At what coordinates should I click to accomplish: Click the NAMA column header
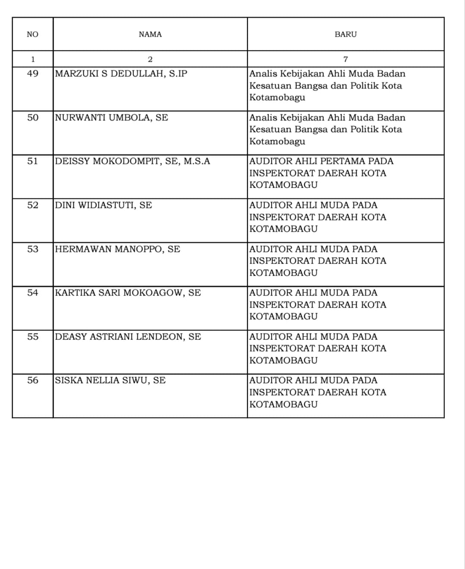click(150, 35)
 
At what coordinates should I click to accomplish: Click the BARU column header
click(346, 35)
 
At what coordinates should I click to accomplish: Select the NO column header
click(32, 35)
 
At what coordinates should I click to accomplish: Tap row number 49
click(33, 74)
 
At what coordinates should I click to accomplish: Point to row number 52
click(33, 205)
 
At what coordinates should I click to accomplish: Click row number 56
click(33, 380)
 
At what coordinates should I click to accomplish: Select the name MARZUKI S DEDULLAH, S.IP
click(121, 74)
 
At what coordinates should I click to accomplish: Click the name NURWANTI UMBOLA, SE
click(112, 118)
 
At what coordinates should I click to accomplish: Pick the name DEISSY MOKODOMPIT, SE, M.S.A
click(132, 161)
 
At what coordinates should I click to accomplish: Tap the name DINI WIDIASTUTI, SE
click(104, 205)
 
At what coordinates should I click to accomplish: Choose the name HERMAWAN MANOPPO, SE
click(118, 249)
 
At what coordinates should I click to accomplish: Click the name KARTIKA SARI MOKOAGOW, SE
click(128, 293)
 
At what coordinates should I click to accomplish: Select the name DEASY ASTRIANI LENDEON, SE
click(128, 337)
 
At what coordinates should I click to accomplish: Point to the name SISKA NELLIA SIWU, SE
click(110, 380)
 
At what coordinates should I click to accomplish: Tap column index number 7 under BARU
click(346, 60)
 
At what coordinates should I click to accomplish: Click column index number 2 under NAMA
click(150, 60)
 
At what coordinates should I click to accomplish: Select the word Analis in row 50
click(263, 118)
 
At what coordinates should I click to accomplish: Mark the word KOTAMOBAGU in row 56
click(283, 405)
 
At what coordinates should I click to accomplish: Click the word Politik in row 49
click(366, 86)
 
